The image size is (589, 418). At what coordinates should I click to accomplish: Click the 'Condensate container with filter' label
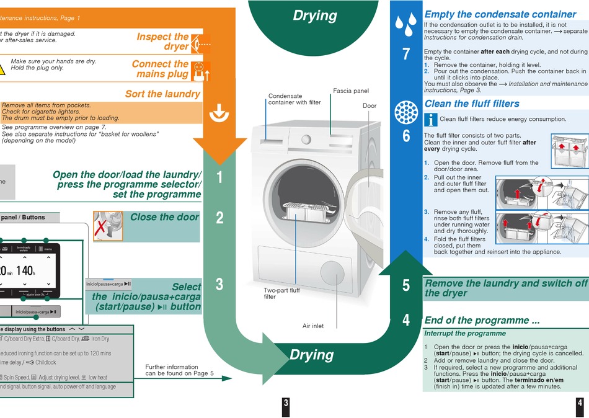tap(294, 99)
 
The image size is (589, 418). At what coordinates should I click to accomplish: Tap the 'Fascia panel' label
tap(351, 91)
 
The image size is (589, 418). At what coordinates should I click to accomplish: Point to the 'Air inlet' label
tap(313, 326)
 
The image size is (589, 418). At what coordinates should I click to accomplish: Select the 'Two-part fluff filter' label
tap(281, 293)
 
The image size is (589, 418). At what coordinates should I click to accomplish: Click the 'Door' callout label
tap(370, 105)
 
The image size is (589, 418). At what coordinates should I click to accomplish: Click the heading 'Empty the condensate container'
tap(500, 14)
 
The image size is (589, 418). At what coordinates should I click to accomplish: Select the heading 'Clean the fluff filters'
tap(472, 104)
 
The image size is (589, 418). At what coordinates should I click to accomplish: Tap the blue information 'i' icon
tap(431, 120)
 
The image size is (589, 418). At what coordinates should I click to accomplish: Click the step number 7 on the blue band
tap(406, 54)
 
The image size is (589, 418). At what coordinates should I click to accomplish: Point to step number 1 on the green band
tap(219, 178)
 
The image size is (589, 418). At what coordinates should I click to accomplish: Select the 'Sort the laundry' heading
tap(162, 94)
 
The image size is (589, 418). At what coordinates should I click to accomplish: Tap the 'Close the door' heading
tap(164, 217)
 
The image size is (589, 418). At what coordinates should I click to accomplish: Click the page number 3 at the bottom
tap(286, 403)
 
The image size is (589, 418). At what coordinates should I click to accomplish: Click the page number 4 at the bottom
tap(580, 403)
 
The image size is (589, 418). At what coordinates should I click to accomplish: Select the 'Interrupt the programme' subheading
tap(465, 334)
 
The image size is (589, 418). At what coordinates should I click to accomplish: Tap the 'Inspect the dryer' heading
tap(162, 42)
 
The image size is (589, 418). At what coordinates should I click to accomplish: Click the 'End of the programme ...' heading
tap(482, 321)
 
